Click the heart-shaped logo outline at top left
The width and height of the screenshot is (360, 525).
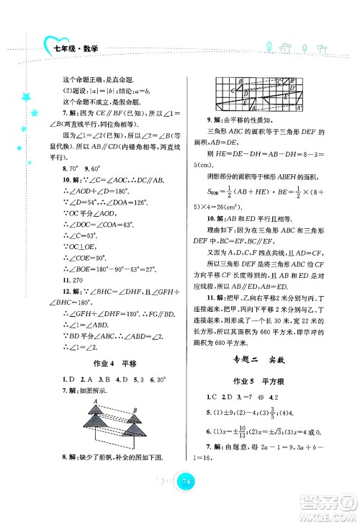[52, 48]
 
